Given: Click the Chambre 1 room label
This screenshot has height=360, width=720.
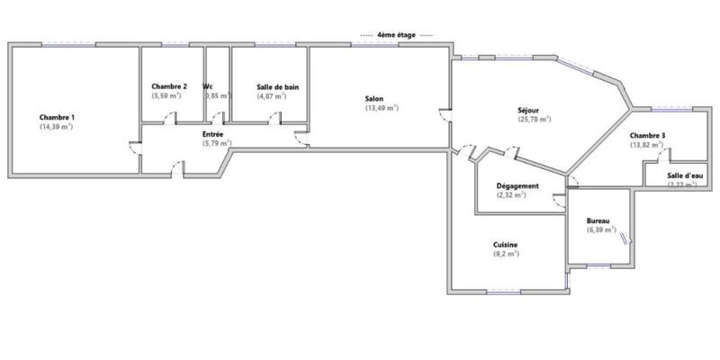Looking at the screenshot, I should pyautogui.click(x=57, y=117).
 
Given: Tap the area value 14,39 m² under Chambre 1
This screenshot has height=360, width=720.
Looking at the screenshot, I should pyautogui.click(x=56, y=127).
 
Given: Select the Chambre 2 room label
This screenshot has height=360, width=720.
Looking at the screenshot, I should pyautogui.click(x=169, y=86).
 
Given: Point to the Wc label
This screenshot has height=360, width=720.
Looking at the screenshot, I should pyautogui.click(x=208, y=86).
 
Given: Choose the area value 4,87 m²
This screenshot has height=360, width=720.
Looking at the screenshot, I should pyautogui.click(x=271, y=96).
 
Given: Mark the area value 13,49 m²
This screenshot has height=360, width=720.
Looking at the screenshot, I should pyautogui.click(x=382, y=108).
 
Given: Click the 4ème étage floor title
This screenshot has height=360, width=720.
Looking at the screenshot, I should pyautogui.click(x=396, y=34).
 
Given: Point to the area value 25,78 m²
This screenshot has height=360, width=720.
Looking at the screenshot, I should pyautogui.click(x=534, y=120).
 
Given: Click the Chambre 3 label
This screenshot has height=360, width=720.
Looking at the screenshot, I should pyautogui.click(x=647, y=135).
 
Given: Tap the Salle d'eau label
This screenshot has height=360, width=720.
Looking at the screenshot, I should pyautogui.click(x=686, y=175).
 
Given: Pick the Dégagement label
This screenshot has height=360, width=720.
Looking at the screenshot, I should pyautogui.click(x=517, y=186).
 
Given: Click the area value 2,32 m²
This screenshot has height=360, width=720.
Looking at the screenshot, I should pyautogui.click(x=517, y=196).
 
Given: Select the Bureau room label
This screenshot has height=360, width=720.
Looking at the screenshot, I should pyautogui.click(x=598, y=220).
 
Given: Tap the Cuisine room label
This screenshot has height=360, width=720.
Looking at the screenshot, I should pyautogui.click(x=505, y=245).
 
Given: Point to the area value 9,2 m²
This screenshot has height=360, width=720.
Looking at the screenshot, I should pyautogui.click(x=505, y=255).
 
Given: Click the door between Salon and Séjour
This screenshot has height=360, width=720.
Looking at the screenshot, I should pyautogui.click(x=445, y=114).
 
